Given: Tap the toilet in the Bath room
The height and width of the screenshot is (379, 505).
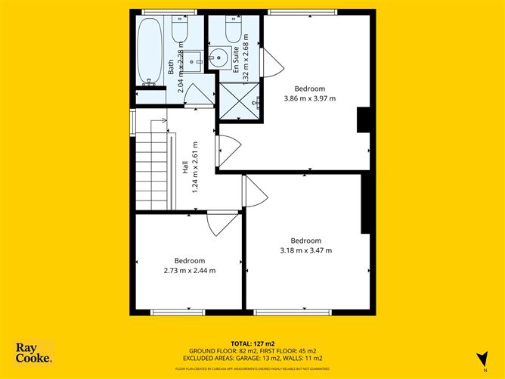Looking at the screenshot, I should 179,30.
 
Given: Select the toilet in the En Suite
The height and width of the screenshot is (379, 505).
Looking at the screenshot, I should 233,30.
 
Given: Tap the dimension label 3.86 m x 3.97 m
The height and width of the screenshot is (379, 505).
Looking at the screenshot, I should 309,98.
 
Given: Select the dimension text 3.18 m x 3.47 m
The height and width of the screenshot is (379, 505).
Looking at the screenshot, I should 305,250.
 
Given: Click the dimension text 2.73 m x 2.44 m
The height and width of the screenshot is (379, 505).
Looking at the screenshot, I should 190,270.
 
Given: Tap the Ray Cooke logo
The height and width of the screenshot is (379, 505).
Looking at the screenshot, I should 34,353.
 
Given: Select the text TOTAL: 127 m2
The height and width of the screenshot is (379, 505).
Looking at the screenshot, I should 253,344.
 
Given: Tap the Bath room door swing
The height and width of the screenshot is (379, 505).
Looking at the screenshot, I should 199,96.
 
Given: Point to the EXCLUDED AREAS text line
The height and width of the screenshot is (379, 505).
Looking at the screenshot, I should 253,359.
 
